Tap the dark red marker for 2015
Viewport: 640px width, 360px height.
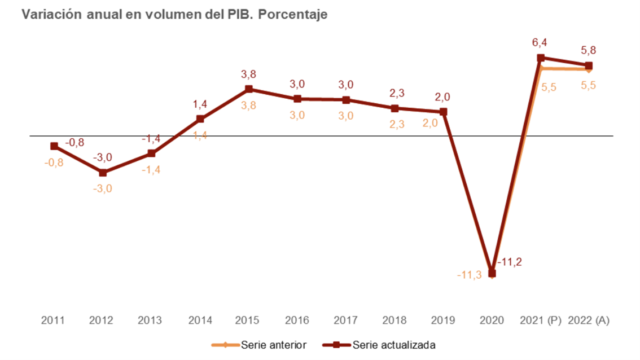click(x=249, y=89)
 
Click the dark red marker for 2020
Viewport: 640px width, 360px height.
click(x=492, y=274)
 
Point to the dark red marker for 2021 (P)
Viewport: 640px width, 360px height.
click(x=541, y=58)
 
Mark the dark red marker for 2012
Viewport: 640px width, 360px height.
click(x=103, y=173)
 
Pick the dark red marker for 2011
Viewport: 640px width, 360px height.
click(x=54, y=146)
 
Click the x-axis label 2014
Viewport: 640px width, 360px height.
click(x=200, y=321)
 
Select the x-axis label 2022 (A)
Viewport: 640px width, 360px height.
click(x=589, y=321)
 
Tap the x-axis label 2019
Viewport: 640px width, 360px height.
click(x=443, y=321)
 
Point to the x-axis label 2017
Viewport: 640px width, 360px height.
click(x=346, y=321)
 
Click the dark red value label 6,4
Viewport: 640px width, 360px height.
click(x=540, y=42)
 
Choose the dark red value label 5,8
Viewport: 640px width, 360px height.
click(x=589, y=50)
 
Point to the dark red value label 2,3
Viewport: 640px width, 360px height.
click(x=395, y=93)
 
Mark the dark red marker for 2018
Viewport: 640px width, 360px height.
click(x=395, y=108)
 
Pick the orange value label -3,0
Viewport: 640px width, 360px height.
click(x=103, y=188)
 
